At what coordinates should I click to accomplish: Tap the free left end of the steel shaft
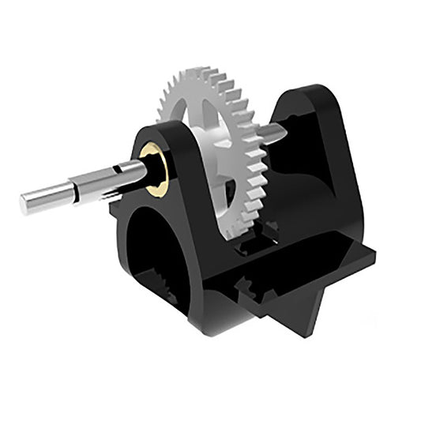click(x=26, y=203)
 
